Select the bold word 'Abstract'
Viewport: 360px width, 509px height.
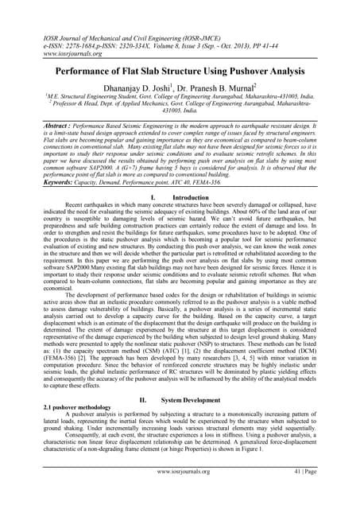(x=46, y=126)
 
